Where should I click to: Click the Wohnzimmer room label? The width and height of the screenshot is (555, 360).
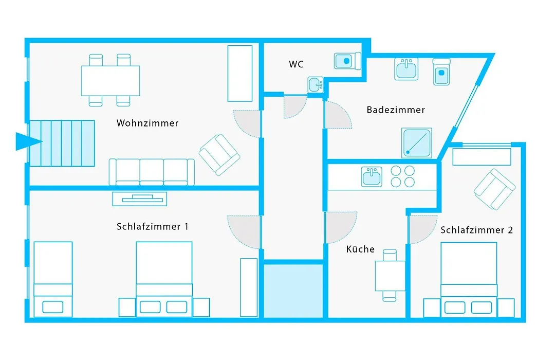(x=147, y=123)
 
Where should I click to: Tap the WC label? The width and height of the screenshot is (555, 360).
(x=296, y=64)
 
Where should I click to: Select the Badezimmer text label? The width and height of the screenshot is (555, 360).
(x=396, y=110)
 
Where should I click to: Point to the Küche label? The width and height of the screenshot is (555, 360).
(x=360, y=249)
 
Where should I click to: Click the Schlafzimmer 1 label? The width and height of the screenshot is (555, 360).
(x=153, y=226)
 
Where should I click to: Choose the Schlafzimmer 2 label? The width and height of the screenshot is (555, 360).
(x=476, y=230)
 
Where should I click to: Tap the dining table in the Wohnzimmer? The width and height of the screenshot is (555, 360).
(x=110, y=80)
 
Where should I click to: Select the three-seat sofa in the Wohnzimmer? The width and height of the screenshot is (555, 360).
(x=152, y=172)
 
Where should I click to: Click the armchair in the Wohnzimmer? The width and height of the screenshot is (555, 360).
(x=219, y=155)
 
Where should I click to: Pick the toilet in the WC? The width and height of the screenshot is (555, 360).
(x=347, y=61)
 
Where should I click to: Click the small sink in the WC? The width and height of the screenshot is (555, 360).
(x=316, y=85)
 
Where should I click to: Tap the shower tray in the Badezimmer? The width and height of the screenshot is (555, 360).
(x=417, y=143)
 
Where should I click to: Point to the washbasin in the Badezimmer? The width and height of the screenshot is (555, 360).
(x=406, y=69)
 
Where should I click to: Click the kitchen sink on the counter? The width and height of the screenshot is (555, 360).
(x=372, y=176)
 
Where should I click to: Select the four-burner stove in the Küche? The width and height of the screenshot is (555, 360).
(x=402, y=176)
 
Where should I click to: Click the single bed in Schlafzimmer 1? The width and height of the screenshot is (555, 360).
(x=53, y=279)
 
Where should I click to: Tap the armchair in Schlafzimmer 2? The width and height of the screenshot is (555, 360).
(x=494, y=189)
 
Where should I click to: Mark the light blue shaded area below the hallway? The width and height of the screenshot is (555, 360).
(x=293, y=291)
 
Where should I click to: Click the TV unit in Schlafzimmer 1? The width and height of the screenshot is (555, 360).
(x=139, y=199)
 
